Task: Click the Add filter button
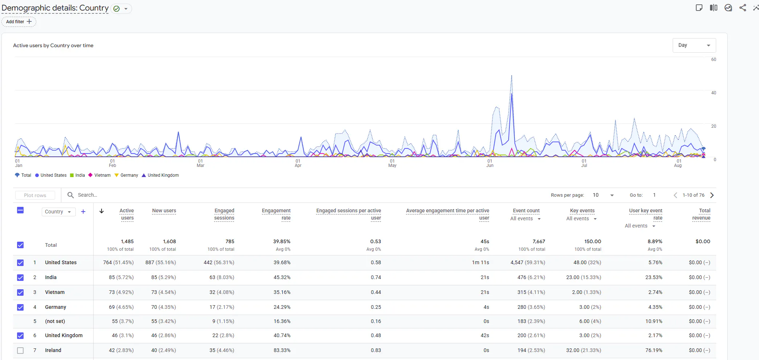pos(19,22)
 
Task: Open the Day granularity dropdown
pos(694,45)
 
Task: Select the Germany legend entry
pos(126,175)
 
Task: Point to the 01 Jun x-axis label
pos(490,163)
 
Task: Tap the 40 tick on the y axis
pos(714,93)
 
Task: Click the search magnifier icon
pos(70,195)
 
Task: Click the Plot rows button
pos(35,195)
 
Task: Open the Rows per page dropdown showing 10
pos(603,195)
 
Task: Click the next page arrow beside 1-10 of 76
pos(712,195)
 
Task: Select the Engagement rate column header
pos(276,214)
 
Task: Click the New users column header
pos(164,210)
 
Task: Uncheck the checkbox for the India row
pos(20,278)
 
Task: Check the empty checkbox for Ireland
pos(20,351)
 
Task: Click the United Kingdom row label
pos(64,335)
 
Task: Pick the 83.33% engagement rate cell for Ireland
pos(282,350)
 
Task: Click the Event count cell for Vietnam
pos(531,292)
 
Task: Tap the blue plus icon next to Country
pos(83,212)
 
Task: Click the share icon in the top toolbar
pos(743,8)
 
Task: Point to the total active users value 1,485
pos(127,241)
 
